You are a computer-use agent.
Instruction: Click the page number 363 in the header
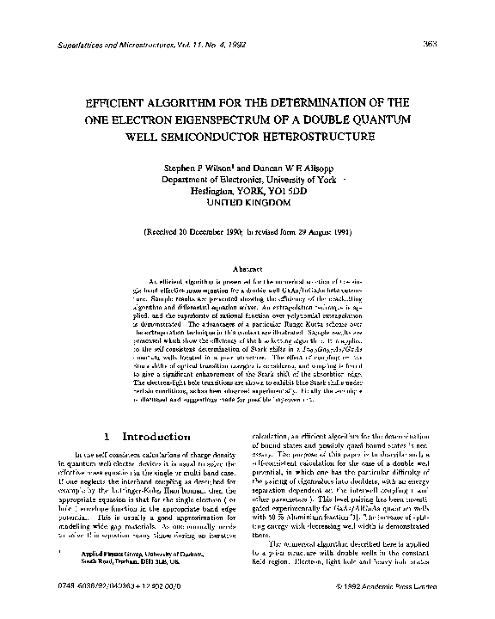pyautogui.click(x=465, y=44)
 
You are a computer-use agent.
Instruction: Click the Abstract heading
pyautogui.click(x=247, y=269)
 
